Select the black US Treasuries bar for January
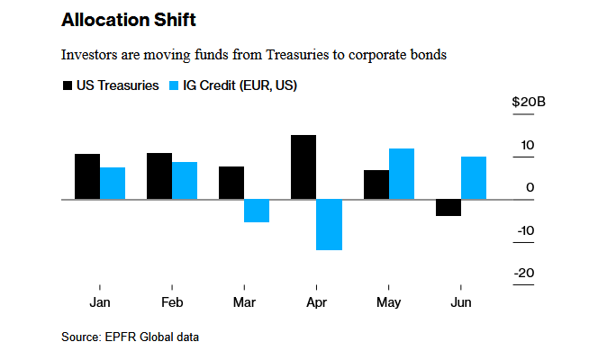(x=87, y=176)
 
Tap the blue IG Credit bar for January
(x=113, y=184)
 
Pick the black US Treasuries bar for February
(x=159, y=176)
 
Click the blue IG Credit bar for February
(x=185, y=181)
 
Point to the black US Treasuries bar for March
(x=231, y=183)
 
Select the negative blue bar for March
(x=257, y=211)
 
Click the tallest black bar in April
(x=303, y=167)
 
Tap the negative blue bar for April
(x=329, y=224)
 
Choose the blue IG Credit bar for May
(x=402, y=174)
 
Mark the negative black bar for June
(x=448, y=208)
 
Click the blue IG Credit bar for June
(x=474, y=178)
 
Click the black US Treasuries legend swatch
(x=68, y=85)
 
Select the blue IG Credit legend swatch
(x=178, y=85)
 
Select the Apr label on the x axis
(x=316, y=303)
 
